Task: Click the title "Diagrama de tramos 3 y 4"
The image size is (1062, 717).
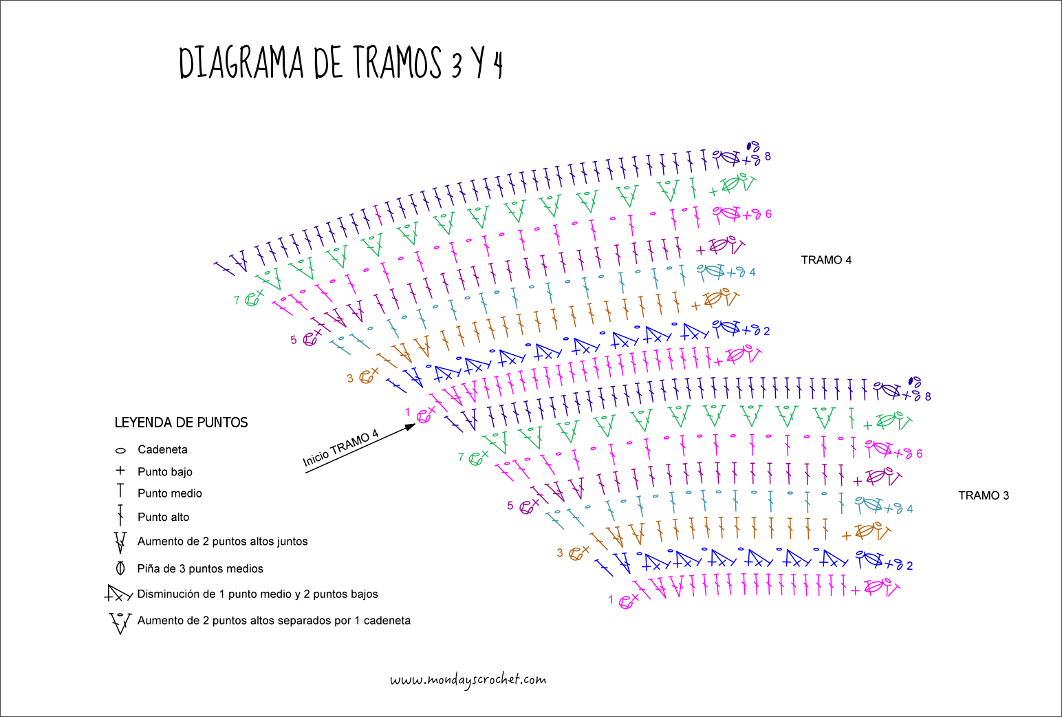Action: [341, 63]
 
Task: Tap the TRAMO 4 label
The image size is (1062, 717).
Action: [826, 260]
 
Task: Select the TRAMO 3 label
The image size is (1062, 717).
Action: [984, 495]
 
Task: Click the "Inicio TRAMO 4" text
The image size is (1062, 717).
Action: [341, 448]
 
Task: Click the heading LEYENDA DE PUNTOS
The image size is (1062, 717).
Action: [181, 422]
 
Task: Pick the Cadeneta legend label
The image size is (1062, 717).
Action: [162, 450]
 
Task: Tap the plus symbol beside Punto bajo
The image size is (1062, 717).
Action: [120, 471]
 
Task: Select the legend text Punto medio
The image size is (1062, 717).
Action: [170, 493]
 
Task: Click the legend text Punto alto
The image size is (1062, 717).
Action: [163, 517]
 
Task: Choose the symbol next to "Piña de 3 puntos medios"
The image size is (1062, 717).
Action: [120, 568]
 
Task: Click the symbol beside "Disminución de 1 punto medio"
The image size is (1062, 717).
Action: [118, 594]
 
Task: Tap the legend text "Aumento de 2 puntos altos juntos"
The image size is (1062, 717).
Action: [222, 542]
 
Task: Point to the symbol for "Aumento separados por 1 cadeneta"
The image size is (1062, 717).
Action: [120, 621]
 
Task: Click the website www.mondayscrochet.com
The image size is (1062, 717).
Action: [468, 681]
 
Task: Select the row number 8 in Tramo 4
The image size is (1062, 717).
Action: [768, 156]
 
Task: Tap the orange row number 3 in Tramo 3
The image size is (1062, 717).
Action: [560, 553]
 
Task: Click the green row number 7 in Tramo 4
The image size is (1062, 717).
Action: [237, 300]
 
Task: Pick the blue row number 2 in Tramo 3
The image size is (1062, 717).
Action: [909, 566]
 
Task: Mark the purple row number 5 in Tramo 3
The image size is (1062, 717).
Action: [510, 506]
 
